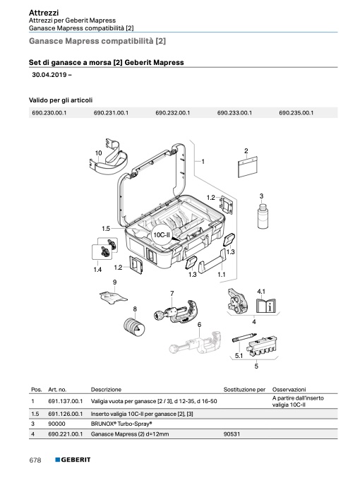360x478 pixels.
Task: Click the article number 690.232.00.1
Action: coord(172,113)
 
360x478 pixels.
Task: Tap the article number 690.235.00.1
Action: coord(296,113)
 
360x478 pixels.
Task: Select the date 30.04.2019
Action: coord(49,75)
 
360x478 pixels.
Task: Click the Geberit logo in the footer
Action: coord(73,460)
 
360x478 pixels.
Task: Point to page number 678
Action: coord(35,460)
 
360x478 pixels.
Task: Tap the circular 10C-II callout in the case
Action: coord(162,234)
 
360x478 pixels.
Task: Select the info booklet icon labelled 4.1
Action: coord(266,305)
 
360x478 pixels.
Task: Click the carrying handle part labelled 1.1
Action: coord(212,262)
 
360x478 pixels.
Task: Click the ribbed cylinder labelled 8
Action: coord(133,325)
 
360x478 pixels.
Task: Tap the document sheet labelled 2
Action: coord(247,166)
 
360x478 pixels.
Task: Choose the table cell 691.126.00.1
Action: coord(65,414)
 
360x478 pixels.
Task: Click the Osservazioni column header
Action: coord(289,389)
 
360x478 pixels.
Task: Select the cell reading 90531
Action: coord(232,434)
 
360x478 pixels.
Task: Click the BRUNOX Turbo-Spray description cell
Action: coord(121,424)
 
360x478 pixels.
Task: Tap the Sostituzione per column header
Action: coord(244,389)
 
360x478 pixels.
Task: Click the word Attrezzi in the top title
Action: coord(44,13)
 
